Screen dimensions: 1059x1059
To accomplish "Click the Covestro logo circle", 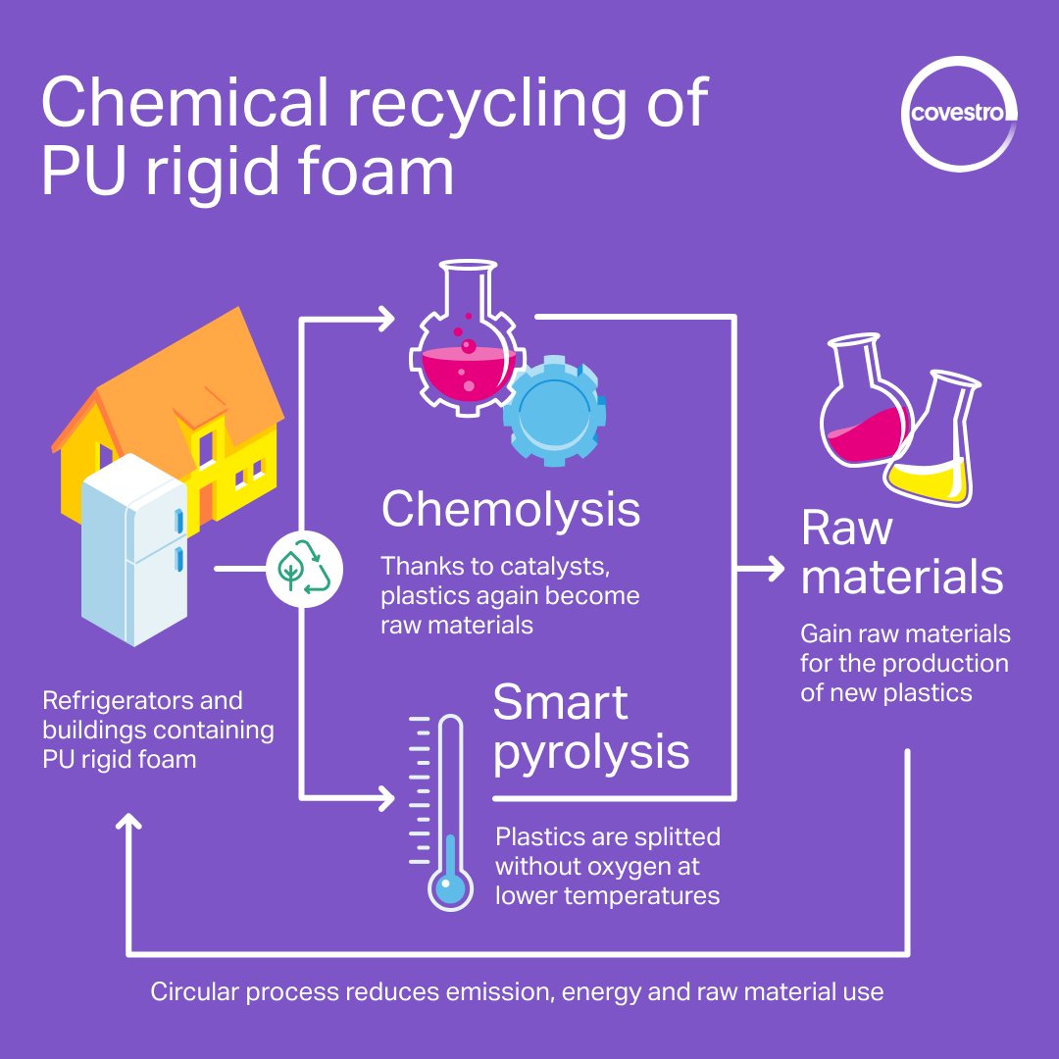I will click(959, 114).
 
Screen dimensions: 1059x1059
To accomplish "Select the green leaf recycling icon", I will click(304, 569).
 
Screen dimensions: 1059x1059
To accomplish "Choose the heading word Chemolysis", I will click(510, 510).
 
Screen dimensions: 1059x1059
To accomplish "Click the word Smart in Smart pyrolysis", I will click(560, 703).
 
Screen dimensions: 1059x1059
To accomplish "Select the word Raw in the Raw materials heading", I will click(847, 529).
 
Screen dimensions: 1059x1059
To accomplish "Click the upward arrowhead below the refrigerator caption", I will click(128, 824).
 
